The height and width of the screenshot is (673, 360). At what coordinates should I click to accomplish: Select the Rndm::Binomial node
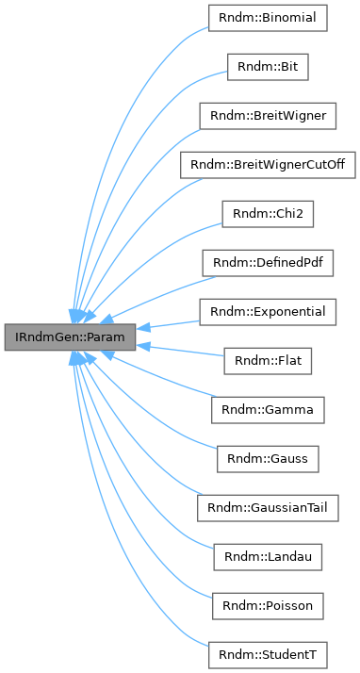pyautogui.click(x=269, y=18)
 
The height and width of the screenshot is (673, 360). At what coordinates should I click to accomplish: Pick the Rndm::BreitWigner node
pyautogui.click(x=269, y=116)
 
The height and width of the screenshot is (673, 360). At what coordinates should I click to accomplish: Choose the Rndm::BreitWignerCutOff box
pyautogui.click(x=269, y=165)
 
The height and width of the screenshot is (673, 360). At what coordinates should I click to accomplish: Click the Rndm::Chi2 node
pyautogui.click(x=269, y=214)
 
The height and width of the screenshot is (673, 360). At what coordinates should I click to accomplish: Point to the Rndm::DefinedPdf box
pyautogui.click(x=269, y=263)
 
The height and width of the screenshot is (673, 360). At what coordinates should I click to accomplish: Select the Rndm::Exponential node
pyautogui.click(x=269, y=312)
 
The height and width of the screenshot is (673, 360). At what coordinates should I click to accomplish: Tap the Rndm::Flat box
pyautogui.click(x=269, y=361)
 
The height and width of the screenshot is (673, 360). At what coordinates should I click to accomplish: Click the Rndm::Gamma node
pyautogui.click(x=269, y=410)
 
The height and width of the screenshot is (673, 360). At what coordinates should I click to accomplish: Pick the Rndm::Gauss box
pyautogui.click(x=269, y=459)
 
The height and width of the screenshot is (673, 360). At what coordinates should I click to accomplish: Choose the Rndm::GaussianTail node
pyautogui.click(x=269, y=508)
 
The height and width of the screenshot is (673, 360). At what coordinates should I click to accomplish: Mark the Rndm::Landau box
pyautogui.click(x=269, y=557)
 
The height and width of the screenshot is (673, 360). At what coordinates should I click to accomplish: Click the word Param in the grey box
pyautogui.click(x=109, y=336)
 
